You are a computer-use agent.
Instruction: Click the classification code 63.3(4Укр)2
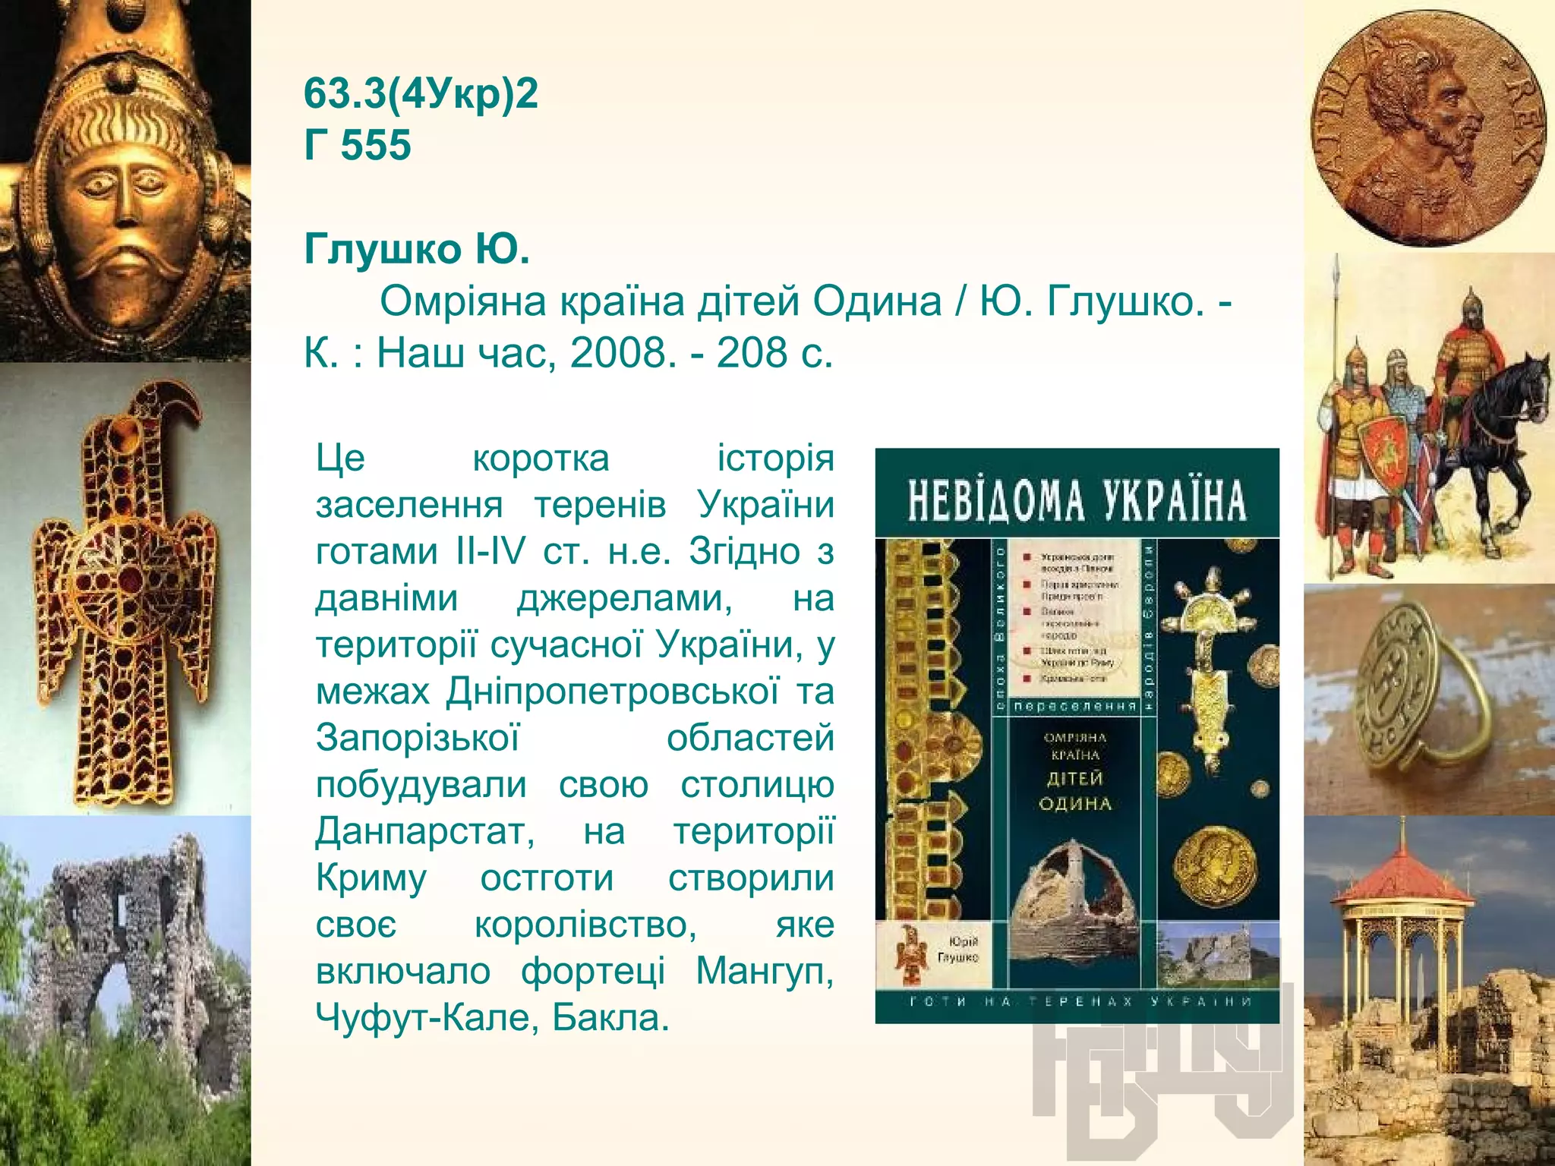click(421, 94)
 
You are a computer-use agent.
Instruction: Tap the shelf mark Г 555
click(357, 145)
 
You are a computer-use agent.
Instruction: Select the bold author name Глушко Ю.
click(417, 249)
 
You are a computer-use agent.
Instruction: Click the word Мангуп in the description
click(765, 971)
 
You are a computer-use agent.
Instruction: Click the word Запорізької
click(418, 738)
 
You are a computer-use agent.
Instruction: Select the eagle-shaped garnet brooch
click(125, 592)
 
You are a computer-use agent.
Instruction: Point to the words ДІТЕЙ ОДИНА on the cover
click(1076, 791)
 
